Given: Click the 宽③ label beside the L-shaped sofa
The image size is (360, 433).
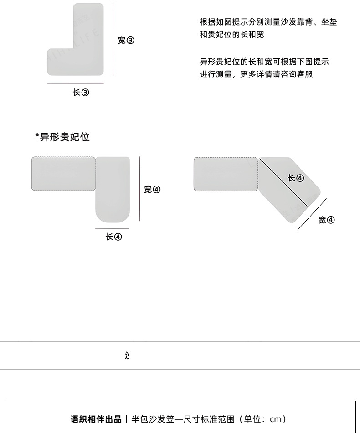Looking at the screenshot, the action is [x=126, y=41].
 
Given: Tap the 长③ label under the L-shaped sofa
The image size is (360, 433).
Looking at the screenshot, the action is [x=81, y=93].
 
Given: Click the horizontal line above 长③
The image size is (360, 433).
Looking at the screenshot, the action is [x=75, y=83].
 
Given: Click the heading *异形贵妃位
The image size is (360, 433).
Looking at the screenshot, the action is [x=62, y=137].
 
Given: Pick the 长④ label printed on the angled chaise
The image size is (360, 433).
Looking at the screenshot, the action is [x=296, y=178].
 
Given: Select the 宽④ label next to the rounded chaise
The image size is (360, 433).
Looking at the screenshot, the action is [x=152, y=190].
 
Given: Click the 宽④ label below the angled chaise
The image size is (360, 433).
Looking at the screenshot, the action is [x=326, y=220].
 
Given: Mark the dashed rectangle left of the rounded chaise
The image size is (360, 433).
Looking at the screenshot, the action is [x=63, y=173].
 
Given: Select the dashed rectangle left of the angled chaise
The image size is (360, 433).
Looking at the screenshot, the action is [x=226, y=173].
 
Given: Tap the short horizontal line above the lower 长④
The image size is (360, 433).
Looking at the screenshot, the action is [x=112, y=229].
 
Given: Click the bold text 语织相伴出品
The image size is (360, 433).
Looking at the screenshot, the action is [x=96, y=418].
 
